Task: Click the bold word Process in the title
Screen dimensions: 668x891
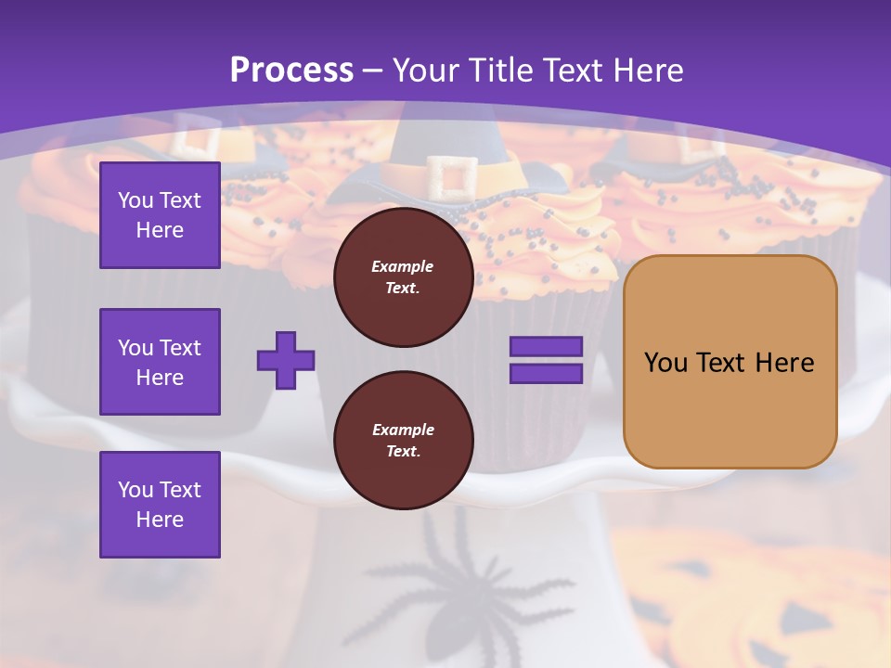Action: point(291,71)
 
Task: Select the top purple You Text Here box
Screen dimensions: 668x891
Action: point(160,215)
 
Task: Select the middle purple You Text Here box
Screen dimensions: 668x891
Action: point(160,362)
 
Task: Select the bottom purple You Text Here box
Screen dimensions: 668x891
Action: point(160,504)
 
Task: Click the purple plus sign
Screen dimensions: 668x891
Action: point(286,360)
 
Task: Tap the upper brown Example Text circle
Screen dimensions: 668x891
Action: point(403,277)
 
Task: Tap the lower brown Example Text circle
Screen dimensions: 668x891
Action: point(403,441)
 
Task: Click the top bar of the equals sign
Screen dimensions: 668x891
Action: point(546,347)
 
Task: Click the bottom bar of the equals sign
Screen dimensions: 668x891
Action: point(546,374)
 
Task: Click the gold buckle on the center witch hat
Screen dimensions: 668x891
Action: point(452,177)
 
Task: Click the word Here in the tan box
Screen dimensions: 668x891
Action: point(784,363)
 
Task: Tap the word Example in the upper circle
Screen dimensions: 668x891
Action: point(403,266)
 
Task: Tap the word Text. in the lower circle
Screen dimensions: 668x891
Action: point(403,452)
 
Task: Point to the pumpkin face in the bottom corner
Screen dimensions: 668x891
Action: point(780,603)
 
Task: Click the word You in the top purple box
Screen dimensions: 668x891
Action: point(135,200)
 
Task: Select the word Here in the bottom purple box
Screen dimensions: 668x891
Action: point(160,520)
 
